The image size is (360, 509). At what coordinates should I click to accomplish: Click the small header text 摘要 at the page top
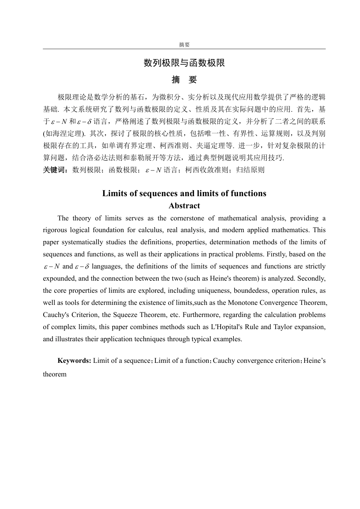(184, 45)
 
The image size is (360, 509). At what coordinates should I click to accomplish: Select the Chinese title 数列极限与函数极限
(184, 63)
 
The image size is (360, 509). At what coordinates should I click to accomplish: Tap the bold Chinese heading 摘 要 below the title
(184, 80)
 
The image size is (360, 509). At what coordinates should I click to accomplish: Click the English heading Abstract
(184, 206)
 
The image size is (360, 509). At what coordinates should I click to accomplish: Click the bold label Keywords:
(74, 361)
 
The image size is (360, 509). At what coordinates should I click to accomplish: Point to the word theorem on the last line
(55, 374)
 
